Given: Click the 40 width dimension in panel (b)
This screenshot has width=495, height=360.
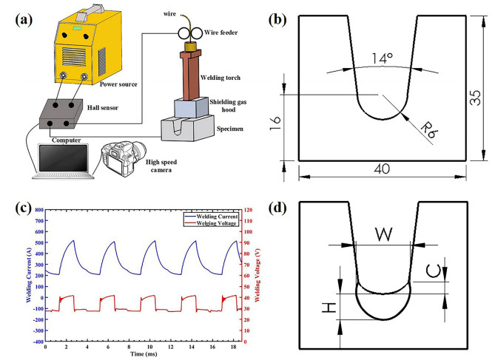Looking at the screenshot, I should coord(382,170).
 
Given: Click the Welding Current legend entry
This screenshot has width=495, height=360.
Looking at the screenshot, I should coord(212,215).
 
